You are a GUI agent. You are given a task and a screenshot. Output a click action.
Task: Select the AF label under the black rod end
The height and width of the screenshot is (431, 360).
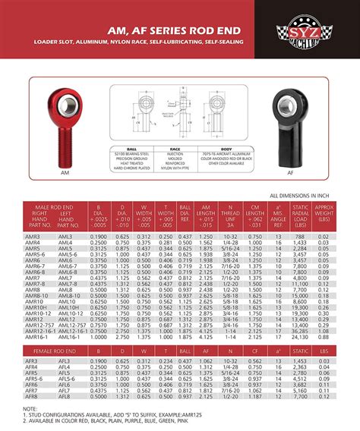[x=290, y=173]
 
